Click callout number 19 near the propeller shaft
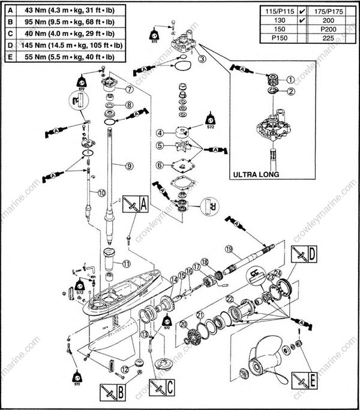(229, 248)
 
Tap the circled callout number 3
(202, 59)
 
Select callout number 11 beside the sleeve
(126, 263)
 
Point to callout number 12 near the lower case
(124, 369)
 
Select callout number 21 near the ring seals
(200, 316)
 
